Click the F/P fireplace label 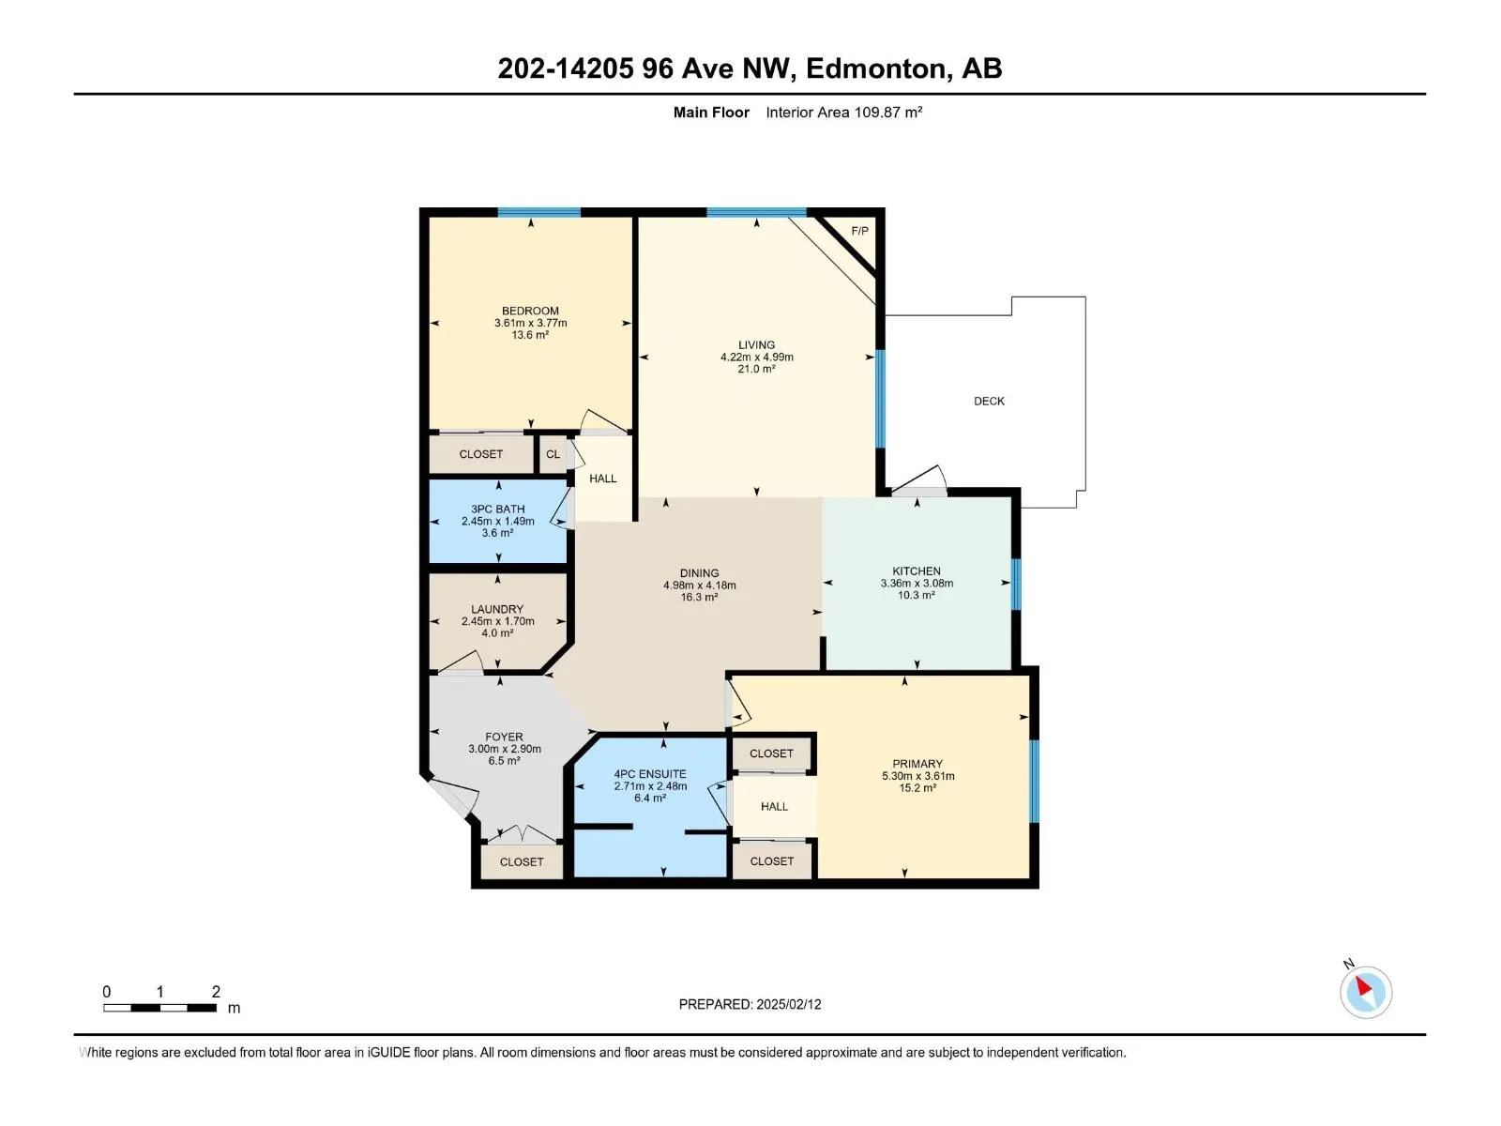pyautogui.click(x=859, y=231)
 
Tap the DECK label pyautogui.click(x=989, y=401)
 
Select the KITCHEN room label pyautogui.click(x=916, y=571)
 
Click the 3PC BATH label pyautogui.click(x=497, y=509)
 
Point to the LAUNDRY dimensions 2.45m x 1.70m pyautogui.click(x=497, y=621)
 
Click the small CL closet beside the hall pyautogui.click(x=553, y=454)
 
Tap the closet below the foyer pyautogui.click(x=521, y=861)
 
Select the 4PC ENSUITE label pyautogui.click(x=649, y=774)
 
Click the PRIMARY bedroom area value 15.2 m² pyautogui.click(x=917, y=788)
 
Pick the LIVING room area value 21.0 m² pyautogui.click(x=756, y=370)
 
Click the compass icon pyautogui.click(x=1365, y=992)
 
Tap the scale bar pyautogui.click(x=160, y=1008)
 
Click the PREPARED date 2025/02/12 pyautogui.click(x=788, y=1004)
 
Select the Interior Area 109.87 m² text pyautogui.click(x=843, y=113)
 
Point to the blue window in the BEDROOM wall pyautogui.click(x=538, y=213)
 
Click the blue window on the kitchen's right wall pyautogui.click(x=1016, y=584)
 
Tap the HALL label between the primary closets pyautogui.click(x=774, y=806)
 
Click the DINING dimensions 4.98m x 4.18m pyautogui.click(x=699, y=586)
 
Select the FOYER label pyautogui.click(x=504, y=737)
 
